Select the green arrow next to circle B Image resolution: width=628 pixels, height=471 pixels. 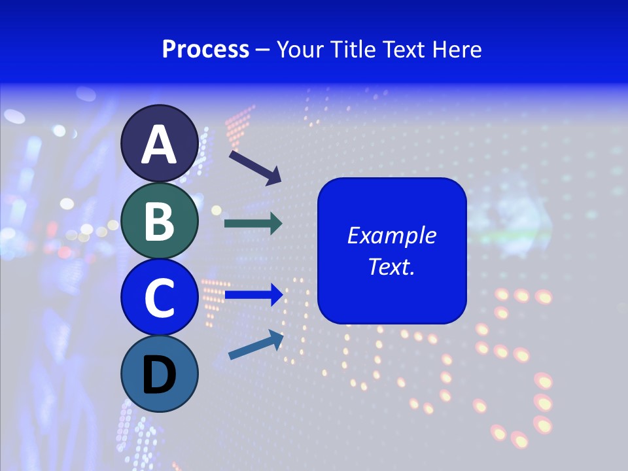[x=253, y=224]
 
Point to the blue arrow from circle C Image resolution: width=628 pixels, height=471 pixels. [x=253, y=295]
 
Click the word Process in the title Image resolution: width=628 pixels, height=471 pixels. [x=205, y=49]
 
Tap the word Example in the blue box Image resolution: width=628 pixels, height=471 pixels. [x=391, y=235]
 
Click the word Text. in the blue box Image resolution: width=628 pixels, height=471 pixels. [x=391, y=267]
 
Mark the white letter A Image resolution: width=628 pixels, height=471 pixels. [x=159, y=145]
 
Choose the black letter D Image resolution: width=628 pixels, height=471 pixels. [x=159, y=375]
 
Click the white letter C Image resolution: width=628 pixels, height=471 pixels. [x=159, y=298]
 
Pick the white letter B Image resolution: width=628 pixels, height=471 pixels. [x=159, y=221]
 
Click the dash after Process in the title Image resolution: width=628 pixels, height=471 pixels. [x=263, y=50]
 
